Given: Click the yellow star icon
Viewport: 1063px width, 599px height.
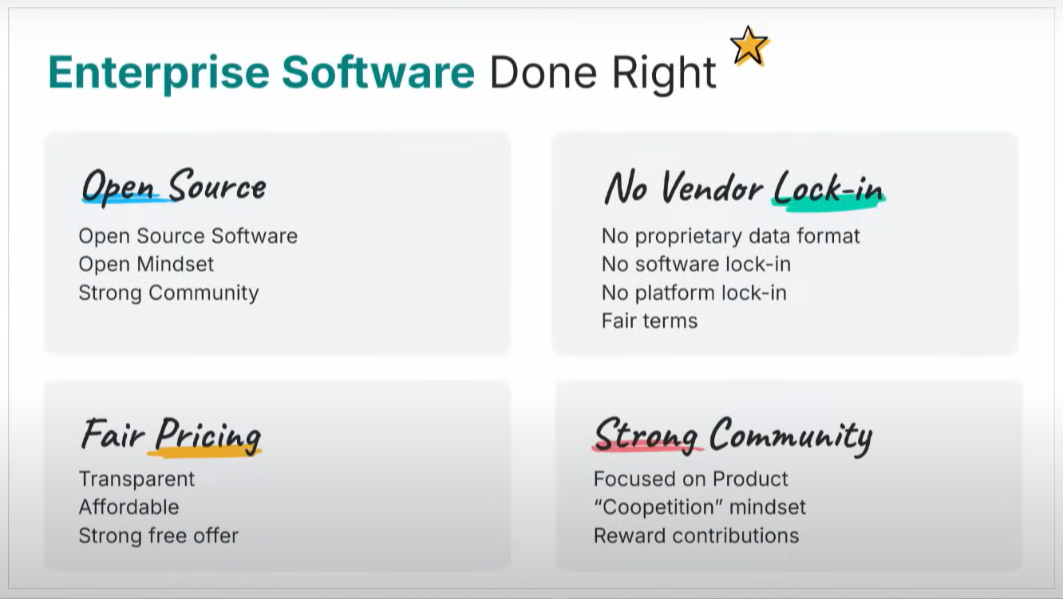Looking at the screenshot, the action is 749,46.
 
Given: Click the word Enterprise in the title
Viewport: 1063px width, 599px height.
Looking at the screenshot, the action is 159,73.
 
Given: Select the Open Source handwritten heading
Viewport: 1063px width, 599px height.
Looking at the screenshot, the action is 174,185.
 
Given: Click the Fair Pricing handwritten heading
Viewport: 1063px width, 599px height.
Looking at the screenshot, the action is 172,435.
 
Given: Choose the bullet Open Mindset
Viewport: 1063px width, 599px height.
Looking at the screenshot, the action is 146,264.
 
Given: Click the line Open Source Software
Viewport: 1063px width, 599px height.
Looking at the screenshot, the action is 188,236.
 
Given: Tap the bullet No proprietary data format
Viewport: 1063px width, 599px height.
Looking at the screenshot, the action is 731,237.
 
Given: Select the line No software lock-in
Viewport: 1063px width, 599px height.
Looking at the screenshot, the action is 696,264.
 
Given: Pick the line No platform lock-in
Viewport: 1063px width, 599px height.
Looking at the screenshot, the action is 694,293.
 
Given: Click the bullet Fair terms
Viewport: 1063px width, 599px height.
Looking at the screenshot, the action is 650,321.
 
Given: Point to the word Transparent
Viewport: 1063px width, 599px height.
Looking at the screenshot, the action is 136,479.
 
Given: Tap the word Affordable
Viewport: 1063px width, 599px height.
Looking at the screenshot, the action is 128,507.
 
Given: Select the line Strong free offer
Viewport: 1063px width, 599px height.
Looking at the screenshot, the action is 159,535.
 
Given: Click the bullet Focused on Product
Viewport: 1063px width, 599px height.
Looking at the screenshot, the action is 690,479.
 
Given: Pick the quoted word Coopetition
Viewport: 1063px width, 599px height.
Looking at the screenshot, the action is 658,507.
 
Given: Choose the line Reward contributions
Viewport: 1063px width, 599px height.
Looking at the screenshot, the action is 696,535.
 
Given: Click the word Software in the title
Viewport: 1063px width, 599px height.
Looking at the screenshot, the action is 378,72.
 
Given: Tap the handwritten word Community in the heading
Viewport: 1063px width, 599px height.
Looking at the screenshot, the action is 791,435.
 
